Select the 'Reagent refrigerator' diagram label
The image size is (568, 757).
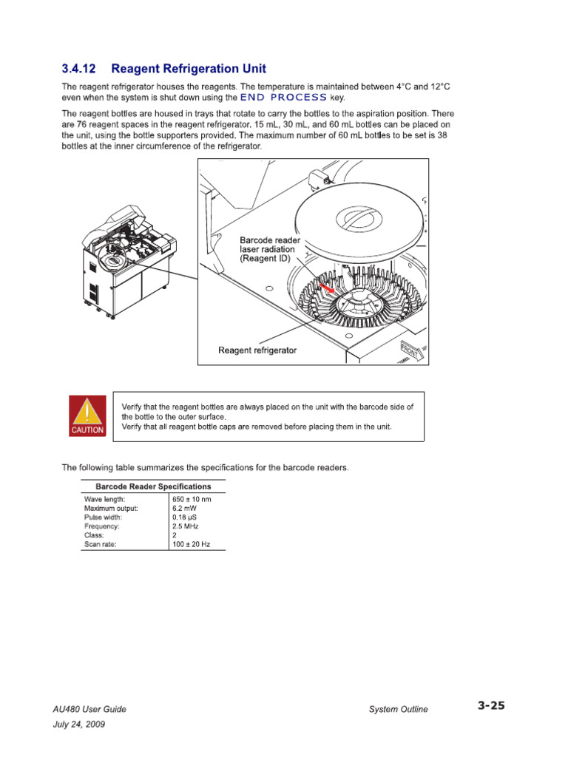point(257,350)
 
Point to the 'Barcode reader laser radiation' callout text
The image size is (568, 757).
point(270,250)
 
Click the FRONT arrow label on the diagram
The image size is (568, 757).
point(410,350)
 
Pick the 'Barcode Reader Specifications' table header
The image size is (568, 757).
point(153,486)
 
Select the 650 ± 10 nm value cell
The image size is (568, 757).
point(192,500)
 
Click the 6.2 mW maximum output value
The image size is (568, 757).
point(185,509)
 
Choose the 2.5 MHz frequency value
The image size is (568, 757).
point(186,526)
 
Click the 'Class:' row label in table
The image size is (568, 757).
point(94,535)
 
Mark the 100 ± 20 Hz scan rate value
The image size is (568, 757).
point(191,544)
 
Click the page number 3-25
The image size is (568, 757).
point(490,706)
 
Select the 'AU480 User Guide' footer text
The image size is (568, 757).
point(94,709)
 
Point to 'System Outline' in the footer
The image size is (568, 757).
point(398,709)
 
